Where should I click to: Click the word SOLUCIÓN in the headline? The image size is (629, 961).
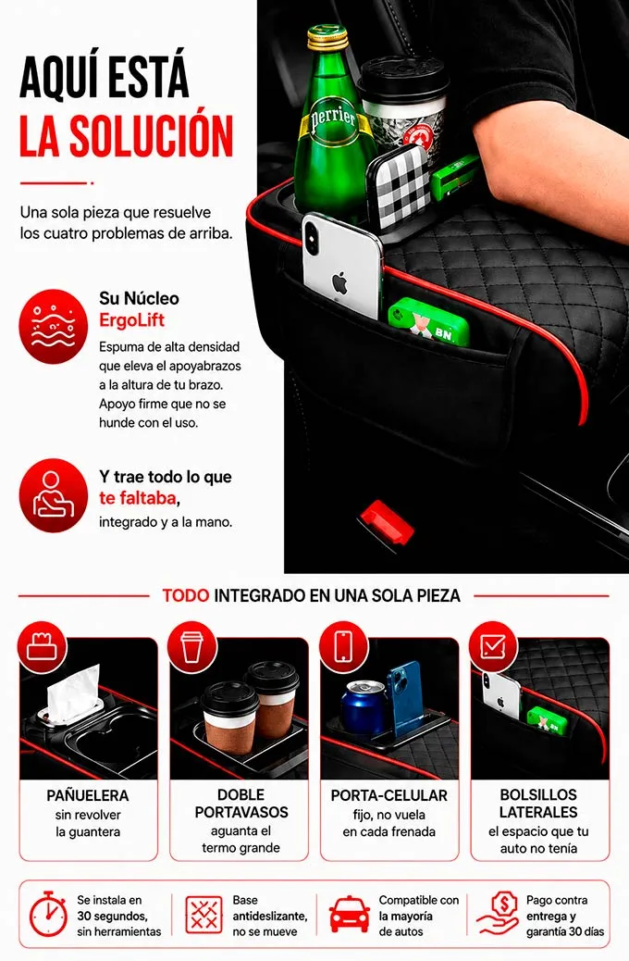tap(151, 135)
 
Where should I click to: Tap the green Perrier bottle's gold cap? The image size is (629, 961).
tap(327, 37)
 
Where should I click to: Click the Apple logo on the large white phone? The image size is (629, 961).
tap(339, 284)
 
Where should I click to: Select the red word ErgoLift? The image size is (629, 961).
tap(131, 320)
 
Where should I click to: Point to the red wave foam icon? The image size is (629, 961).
tap(54, 326)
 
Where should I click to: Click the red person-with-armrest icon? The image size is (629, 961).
tap(54, 495)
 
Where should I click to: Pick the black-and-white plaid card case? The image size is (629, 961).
tap(400, 187)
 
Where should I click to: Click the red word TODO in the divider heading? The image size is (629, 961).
tap(186, 595)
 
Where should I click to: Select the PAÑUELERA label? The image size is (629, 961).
tap(88, 795)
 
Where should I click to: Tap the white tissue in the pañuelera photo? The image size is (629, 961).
tap(73, 693)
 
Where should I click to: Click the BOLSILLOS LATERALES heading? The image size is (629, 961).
tap(538, 804)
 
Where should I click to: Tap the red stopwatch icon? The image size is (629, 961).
tap(48, 915)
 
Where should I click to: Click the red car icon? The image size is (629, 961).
tap(349, 915)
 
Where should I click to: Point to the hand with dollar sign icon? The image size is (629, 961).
tap(498, 914)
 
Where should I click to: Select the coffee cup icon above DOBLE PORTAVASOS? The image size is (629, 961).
tap(192, 647)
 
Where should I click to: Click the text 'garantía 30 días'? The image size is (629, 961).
tap(564, 931)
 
